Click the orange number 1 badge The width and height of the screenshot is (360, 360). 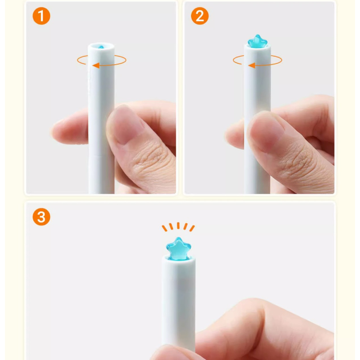(41, 16)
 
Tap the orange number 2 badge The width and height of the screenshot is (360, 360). (200, 16)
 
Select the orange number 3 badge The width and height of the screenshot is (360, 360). (41, 217)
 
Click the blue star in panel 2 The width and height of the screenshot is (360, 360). (257, 42)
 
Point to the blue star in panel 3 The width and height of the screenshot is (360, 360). (178, 249)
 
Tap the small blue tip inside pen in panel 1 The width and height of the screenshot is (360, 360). (101, 47)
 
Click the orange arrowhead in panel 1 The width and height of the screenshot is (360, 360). (96, 65)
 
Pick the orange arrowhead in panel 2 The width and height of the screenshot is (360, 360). (252, 65)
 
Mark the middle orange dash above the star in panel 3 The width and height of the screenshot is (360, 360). (178, 226)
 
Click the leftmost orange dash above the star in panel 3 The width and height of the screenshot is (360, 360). (165, 228)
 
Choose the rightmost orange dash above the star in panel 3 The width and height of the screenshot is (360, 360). (192, 228)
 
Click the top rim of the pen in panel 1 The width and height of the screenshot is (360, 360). (101, 43)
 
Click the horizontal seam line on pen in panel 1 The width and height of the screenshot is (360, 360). (101, 156)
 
